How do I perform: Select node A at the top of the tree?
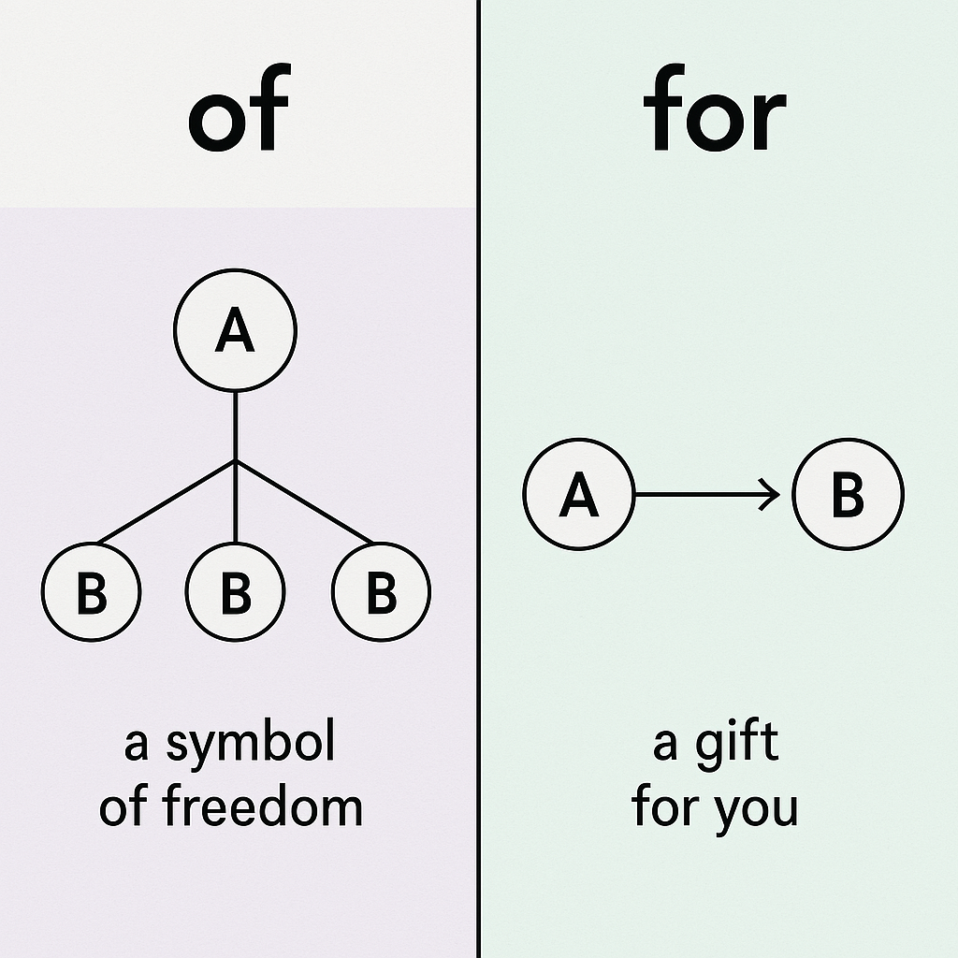pos(235,329)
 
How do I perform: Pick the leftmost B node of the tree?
pos(91,592)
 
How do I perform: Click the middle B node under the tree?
pos(235,592)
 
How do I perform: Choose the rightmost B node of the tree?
pos(381,592)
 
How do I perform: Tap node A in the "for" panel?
pos(579,495)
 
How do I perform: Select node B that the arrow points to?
pos(848,495)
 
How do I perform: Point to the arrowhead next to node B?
pos(772,495)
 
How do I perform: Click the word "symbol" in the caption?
pos(251,746)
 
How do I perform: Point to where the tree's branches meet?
pos(235,460)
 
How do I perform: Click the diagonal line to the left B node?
pos(167,501)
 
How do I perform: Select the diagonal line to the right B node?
pos(304,501)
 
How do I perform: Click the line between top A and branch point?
pos(235,426)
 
